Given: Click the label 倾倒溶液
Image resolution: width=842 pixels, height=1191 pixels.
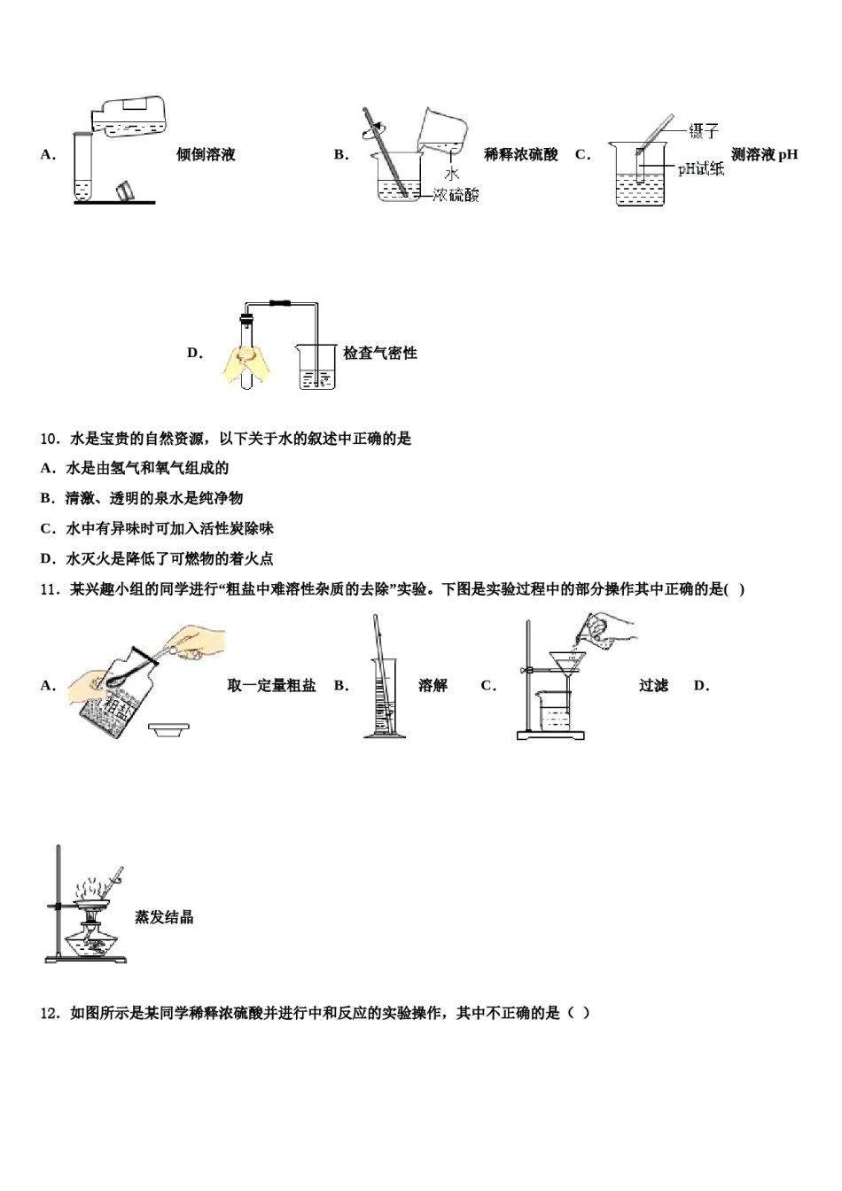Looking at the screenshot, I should point(206,155).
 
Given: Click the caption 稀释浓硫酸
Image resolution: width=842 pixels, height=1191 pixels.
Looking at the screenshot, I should point(520,155).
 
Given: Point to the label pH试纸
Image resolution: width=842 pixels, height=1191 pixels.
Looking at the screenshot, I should point(700,168).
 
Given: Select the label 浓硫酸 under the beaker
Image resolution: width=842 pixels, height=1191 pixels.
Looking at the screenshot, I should point(456,195).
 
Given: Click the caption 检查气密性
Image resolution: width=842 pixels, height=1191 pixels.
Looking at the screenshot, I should point(379,354).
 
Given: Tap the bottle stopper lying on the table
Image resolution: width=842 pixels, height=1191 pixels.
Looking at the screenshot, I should point(126,190).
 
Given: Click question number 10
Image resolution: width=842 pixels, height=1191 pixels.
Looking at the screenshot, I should point(50,439).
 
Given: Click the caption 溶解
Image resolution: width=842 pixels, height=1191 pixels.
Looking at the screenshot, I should point(433,686).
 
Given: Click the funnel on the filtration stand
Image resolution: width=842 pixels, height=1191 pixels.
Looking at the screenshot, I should point(567,664).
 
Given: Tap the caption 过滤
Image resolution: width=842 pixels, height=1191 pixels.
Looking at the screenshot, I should point(653,686).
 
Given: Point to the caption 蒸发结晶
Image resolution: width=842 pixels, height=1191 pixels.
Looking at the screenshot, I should point(164,918).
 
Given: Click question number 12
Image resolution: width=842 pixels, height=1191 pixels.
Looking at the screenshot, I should point(50,1013).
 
